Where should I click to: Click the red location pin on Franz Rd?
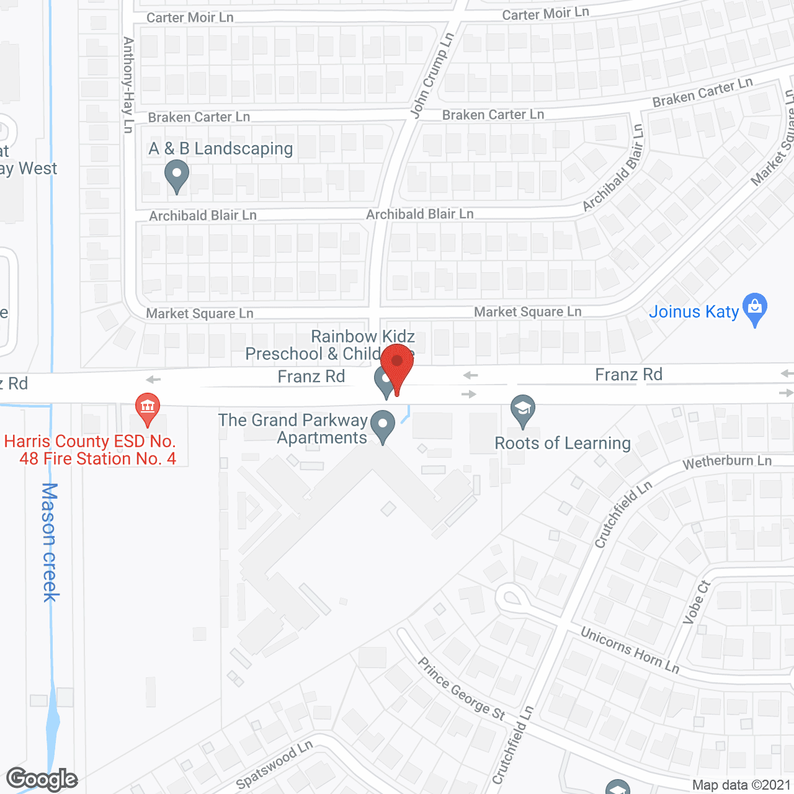[x=397, y=366]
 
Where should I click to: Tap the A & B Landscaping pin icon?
[x=177, y=175]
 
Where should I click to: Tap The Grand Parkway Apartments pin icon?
[x=383, y=426]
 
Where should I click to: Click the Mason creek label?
[x=50, y=542]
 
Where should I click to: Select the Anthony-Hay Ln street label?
[x=128, y=85]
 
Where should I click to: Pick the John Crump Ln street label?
[x=432, y=75]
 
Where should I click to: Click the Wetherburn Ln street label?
[x=727, y=462]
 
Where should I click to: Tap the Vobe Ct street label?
[x=696, y=601]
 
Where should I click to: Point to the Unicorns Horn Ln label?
[x=630, y=649]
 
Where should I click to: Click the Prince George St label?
[x=462, y=689]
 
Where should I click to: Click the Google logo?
[x=42, y=779]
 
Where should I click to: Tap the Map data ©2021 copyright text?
[x=741, y=785]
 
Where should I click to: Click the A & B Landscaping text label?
[x=221, y=149]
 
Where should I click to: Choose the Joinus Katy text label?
[x=694, y=311]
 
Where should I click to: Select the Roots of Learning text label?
[x=563, y=444]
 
